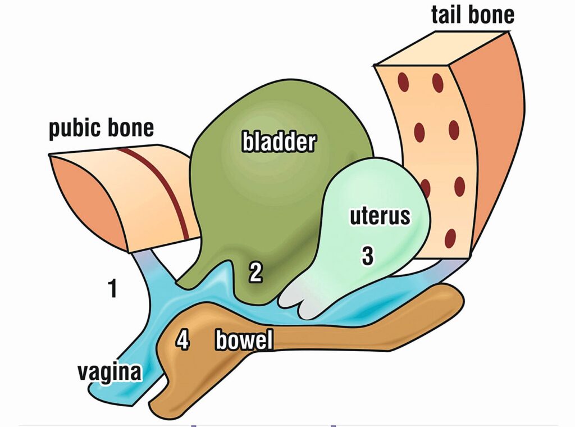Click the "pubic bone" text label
101,128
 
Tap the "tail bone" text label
472,14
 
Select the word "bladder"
279,142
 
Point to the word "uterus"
380,216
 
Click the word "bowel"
244,340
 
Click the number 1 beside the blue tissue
113,289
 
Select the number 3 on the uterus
367,256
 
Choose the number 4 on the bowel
182,340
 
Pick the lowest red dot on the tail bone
450,239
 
